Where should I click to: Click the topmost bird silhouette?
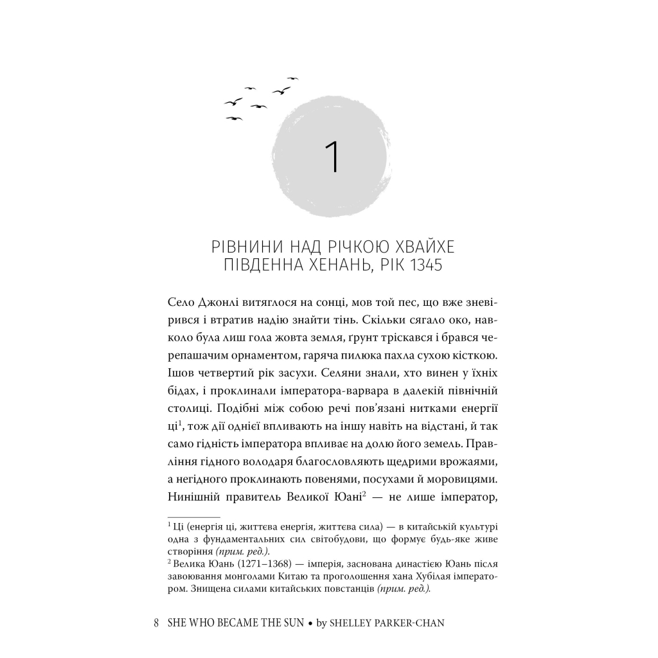tap(293, 78)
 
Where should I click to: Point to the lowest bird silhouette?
tap(234, 118)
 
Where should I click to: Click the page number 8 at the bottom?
tap(157, 623)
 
